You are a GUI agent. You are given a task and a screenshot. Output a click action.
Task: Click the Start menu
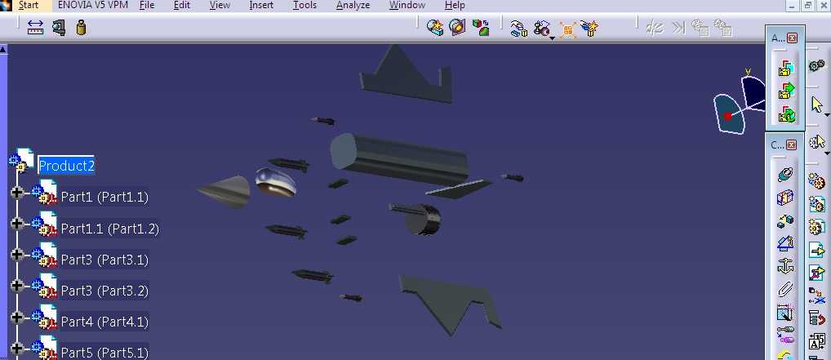coord(29,5)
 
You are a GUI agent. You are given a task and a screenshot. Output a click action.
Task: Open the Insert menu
coord(261,5)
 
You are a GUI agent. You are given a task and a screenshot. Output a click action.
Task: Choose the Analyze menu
coord(353,5)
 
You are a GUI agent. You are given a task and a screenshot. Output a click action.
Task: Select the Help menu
coord(455,5)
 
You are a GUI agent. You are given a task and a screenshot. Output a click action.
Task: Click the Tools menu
coord(304,5)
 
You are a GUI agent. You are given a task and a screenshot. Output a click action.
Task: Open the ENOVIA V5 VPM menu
coord(93,5)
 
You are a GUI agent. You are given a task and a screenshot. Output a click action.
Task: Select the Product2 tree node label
coord(67,166)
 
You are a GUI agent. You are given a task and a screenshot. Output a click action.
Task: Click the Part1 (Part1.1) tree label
coord(104,198)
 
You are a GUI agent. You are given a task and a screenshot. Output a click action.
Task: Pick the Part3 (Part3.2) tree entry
coord(104,291)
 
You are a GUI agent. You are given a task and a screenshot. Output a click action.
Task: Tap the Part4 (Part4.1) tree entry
coord(104,322)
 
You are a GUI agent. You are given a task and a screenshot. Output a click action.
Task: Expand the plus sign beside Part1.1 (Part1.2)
coord(17,224)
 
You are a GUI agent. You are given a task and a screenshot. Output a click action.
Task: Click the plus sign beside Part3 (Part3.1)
coord(17,255)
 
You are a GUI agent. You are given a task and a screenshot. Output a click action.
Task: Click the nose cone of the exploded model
coord(224,191)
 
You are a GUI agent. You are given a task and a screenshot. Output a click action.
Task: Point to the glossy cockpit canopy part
coord(276,182)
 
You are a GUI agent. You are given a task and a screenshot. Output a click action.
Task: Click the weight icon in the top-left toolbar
coord(81,27)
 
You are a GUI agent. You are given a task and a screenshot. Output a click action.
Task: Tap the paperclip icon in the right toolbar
coord(785,290)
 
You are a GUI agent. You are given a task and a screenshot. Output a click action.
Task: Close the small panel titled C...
coord(791,144)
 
